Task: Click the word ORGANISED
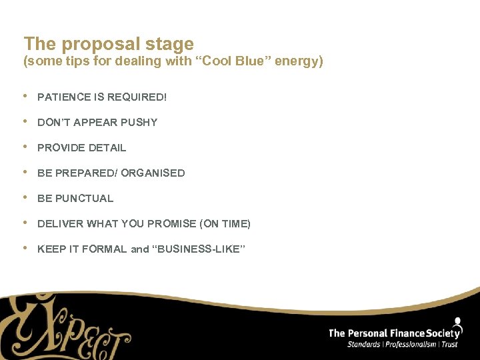[153, 173]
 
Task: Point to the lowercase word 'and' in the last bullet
[140, 249]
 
